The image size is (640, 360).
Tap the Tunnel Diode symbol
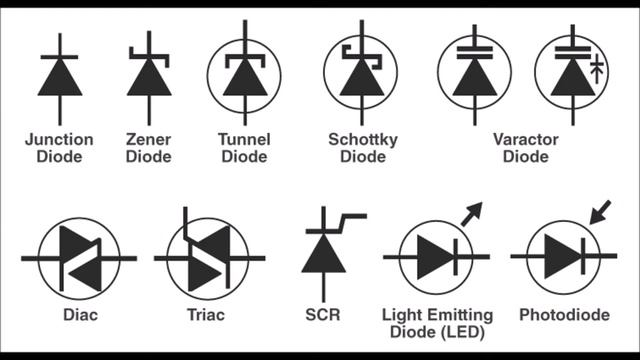click(244, 74)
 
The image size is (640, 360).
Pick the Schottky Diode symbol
click(360, 74)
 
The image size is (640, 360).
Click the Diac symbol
click(78, 257)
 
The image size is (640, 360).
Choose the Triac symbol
click(207, 257)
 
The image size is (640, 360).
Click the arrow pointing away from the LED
click(471, 213)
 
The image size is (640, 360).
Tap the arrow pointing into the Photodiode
click(600, 212)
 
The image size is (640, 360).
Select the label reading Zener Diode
click(149, 148)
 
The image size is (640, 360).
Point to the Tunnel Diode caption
click(244, 148)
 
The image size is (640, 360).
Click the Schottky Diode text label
click(363, 148)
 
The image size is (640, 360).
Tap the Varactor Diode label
click(525, 148)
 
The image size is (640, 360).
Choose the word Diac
click(77, 314)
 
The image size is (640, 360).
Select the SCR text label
click(322, 314)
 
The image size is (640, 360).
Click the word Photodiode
click(564, 314)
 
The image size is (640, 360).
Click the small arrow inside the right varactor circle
click(597, 68)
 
